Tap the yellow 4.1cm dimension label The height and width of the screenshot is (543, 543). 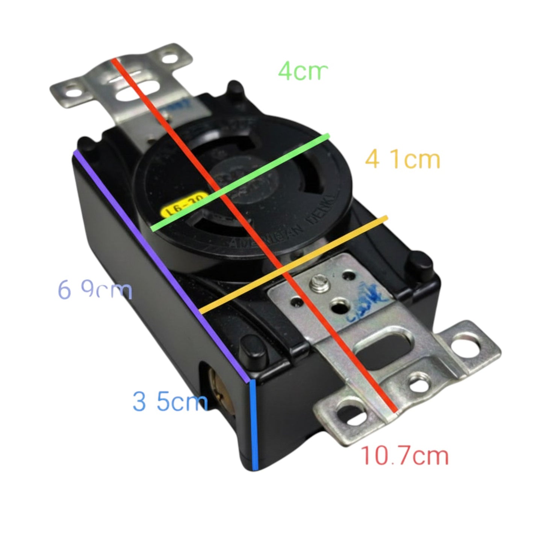402,159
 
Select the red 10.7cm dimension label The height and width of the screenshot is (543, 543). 405,456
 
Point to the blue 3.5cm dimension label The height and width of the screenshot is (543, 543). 170,401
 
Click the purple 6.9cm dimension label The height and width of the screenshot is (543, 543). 95,290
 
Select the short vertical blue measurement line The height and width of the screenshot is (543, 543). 254,425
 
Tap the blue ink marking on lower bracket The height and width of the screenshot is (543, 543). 370,297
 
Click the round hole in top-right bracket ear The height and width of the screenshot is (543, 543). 172,59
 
